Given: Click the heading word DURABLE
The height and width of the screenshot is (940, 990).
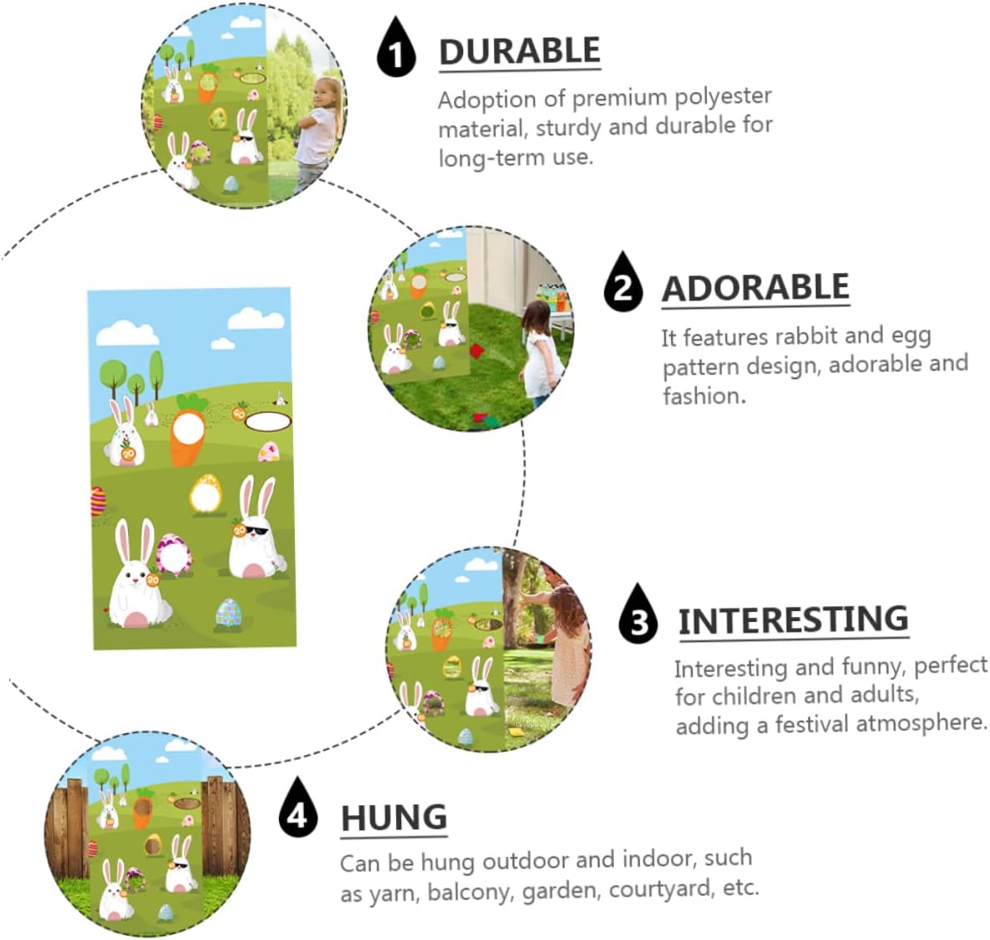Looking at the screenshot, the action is point(519,51).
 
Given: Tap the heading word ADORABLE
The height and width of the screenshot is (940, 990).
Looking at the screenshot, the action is point(755,288).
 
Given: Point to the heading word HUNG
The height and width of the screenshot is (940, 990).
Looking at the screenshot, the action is point(394,818).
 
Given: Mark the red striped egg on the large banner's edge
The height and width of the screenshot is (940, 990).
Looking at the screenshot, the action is point(98,502).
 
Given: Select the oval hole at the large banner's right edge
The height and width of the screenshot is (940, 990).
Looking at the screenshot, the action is point(268,421).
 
